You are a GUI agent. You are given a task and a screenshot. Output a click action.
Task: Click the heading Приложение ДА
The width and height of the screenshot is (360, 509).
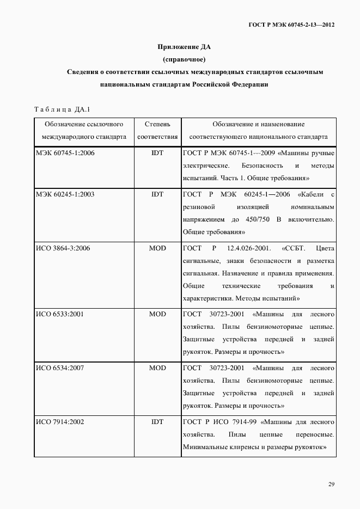[184, 46]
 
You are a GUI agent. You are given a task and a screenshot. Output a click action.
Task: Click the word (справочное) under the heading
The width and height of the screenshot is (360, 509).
[184, 59]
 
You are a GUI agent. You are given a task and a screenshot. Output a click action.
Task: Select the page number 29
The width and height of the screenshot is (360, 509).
[331, 485]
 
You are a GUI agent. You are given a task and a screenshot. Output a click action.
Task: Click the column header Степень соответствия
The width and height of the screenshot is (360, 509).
[157, 131]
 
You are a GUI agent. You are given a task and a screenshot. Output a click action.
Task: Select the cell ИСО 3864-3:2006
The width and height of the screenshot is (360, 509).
[63, 248]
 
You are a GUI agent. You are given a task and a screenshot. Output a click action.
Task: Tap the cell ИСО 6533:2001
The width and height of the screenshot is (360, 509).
[60, 314]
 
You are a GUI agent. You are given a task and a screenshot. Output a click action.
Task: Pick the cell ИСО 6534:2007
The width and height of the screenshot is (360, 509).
[60, 368]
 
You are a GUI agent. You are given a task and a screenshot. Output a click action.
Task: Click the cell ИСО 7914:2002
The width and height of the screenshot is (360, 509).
[60, 422]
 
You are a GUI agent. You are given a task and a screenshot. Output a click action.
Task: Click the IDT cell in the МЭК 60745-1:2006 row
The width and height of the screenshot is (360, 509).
[157, 153]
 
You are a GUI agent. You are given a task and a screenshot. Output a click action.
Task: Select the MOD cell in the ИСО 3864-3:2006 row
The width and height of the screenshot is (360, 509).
[157, 248]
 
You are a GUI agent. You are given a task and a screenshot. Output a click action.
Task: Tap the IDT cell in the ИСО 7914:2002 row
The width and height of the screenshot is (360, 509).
[157, 422]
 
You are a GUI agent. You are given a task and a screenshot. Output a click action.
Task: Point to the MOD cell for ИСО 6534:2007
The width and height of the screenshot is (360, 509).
[157, 368]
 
